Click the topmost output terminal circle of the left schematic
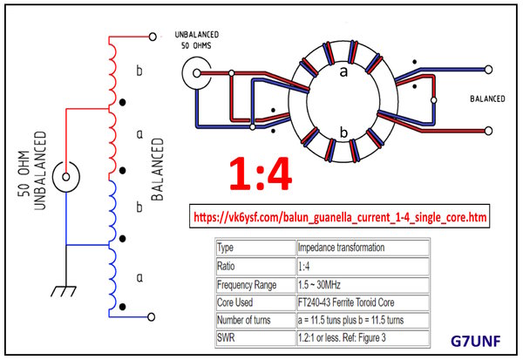point(153,37)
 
